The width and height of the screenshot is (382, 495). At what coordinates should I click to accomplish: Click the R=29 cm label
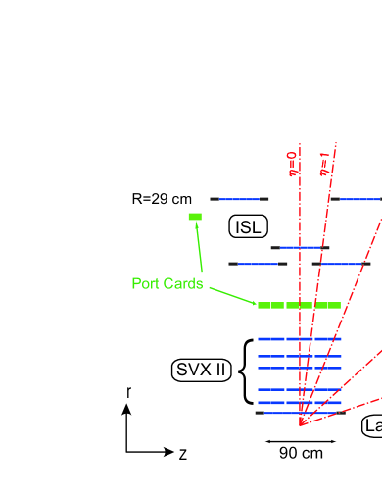[162, 199]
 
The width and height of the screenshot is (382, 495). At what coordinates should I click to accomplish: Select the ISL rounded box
[247, 226]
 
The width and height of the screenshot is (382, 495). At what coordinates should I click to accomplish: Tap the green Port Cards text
[167, 284]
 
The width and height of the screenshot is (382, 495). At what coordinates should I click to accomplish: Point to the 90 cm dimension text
[301, 453]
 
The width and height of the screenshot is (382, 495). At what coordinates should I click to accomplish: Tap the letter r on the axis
[128, 392]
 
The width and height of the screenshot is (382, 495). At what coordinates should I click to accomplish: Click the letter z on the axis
[183, 453]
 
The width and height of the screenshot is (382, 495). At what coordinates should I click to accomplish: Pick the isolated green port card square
[195, 216]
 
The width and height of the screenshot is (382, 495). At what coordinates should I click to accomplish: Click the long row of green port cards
[299, 305]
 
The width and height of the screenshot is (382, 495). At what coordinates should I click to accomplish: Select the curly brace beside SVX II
[246, 371]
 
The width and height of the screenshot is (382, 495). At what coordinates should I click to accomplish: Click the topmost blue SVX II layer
[299, 339]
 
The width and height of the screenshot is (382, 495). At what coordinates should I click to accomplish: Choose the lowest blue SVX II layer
[299, 402]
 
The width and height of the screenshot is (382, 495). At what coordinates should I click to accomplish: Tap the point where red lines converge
[300, 424]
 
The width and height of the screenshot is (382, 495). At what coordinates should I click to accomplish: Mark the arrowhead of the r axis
[127, 410]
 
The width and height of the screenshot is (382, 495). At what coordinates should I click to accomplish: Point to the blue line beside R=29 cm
[239, 199]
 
